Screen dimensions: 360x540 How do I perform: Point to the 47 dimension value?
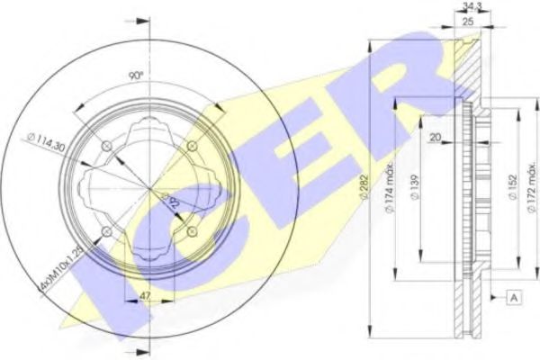tap(143, 294)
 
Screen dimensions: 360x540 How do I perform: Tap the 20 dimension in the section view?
tap(436, 136)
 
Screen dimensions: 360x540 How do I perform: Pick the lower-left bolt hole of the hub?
tap(105, 233)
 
